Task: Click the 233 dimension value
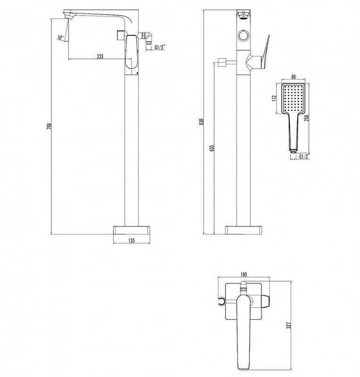coord(100,56)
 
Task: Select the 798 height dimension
coord(49,126)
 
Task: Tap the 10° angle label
coord(60,38)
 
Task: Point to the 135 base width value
coord(132,240)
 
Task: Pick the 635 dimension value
coord(212,148)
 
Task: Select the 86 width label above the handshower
coord(293,77)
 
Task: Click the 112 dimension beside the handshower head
coord(274,98)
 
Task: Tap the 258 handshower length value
coord(307,118)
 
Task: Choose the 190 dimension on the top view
coord(243,274)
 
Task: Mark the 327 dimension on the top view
coord(289,325)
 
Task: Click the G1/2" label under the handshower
coord(304,156)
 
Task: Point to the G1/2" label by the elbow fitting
coord(160,48)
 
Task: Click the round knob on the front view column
coord(243,36)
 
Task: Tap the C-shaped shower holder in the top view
coord(221,302)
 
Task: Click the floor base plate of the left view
coord(132,230)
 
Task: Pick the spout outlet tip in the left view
coord(68,16)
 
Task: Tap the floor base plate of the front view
coord(243,230)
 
